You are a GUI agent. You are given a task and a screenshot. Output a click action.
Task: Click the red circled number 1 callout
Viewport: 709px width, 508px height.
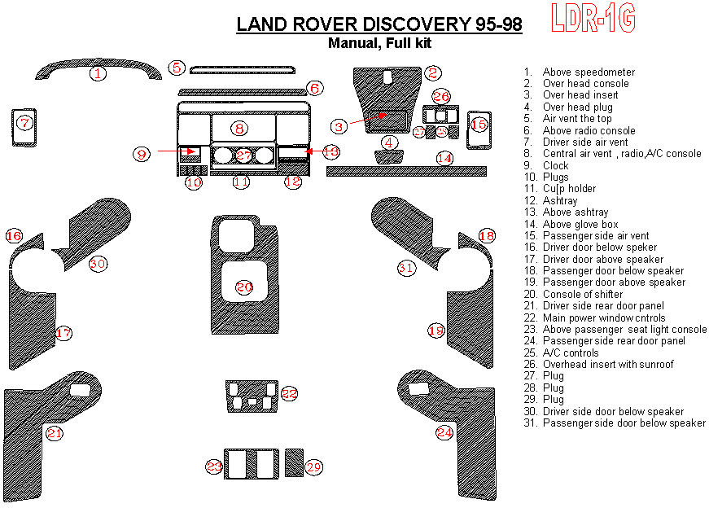(98, 74)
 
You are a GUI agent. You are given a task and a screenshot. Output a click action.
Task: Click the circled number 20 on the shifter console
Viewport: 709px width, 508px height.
(244, 287)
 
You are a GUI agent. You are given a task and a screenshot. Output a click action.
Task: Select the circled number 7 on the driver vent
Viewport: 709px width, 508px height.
(25, 124)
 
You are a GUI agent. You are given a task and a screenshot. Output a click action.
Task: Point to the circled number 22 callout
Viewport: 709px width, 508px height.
(289, 393)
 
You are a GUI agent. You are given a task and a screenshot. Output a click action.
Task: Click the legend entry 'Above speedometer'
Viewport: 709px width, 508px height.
(588, 72)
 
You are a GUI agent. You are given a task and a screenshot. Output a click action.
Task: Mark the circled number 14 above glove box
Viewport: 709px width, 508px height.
(444, 157)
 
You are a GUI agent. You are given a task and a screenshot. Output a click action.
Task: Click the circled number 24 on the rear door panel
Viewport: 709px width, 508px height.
(444, 432)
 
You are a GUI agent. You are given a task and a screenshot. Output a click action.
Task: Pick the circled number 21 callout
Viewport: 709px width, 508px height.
(54, 433)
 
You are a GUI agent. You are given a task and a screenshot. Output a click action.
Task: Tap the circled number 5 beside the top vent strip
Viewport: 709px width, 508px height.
(177, 68)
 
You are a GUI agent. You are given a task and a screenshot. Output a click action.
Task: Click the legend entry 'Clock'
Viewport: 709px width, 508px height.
(556, 165)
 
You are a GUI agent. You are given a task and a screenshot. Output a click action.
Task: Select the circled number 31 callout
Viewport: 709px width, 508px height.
(406, 267)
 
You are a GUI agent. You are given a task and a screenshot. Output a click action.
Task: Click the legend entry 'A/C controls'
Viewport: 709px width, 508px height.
(570, 353)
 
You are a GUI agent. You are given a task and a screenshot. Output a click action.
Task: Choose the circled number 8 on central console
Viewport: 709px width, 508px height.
(238, 128)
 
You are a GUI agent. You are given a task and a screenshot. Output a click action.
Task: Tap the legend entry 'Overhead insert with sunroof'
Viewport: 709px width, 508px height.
(608, 364)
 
